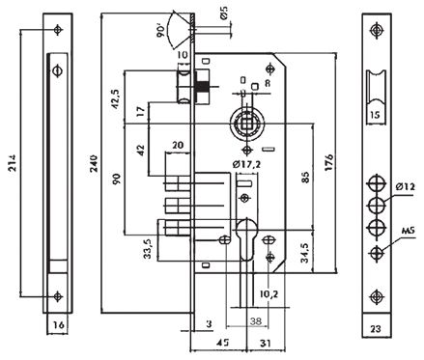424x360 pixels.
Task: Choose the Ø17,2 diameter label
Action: click(250, 166)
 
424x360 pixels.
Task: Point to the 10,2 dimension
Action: click(268, 293)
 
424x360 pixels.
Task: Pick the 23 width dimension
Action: click(376, 329)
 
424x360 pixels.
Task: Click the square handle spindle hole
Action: click(245, 123)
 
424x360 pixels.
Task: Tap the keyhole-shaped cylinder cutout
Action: click(246, 241)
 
